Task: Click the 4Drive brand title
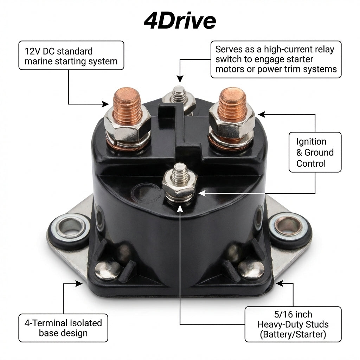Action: pyautogui.click(x=180, y=21)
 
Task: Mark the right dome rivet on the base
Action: pyautogui.click(x=251, y=269)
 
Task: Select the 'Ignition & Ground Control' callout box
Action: pyautogui.click(x=315, y=152)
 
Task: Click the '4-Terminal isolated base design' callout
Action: pyautogui.click(x=63, y=328)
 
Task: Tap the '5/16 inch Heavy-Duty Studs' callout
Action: pyautogui.click(x=293, y=324)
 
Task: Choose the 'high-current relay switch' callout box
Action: pyautogui.click(x=276, y=59)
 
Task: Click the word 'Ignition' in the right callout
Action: pyautogui.click(x=311, y=142)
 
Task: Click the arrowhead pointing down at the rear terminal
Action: pyautogui.click(x=180, y=79)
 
